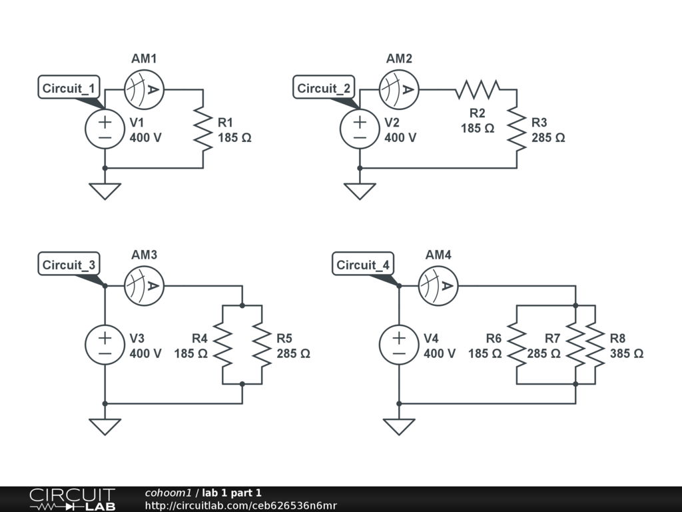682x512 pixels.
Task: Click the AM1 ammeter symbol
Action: [x=144, y=89]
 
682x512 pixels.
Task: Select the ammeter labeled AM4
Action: [x=438, y=286]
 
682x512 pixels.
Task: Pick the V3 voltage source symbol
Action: [x=105, y=345]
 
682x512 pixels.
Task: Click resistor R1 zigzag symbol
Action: [x=202, y=129]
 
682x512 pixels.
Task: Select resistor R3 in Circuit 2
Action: [x=516, y=129]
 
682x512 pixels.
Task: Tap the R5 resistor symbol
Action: [x=262, y=345]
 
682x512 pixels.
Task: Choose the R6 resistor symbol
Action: [x=516, y=345]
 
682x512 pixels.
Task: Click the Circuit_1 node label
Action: [x=69, y=88]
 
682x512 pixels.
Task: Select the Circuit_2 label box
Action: [x=324, y=88]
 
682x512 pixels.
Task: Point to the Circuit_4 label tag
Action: [x=363, y=265]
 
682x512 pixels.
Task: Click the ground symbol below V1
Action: [x=105, y=191]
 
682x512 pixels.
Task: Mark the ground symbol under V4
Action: [x=399, y=426]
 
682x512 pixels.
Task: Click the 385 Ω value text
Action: [x=626, y=354]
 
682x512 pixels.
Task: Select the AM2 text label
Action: [x=399, y=59]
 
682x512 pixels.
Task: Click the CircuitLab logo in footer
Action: [x=72, y=499]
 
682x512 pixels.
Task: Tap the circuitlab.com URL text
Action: [x=240, y=505]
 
